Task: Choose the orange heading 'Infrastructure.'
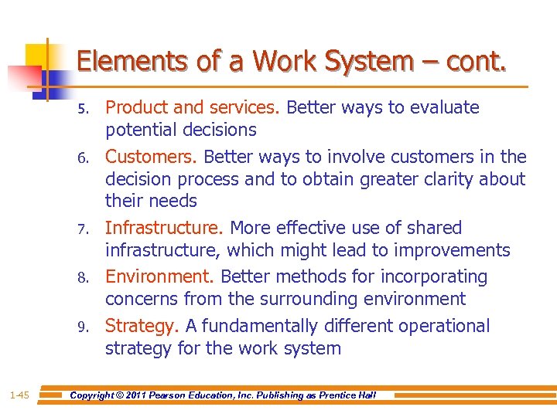[165, 228]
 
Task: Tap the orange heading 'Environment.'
[161, 276]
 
